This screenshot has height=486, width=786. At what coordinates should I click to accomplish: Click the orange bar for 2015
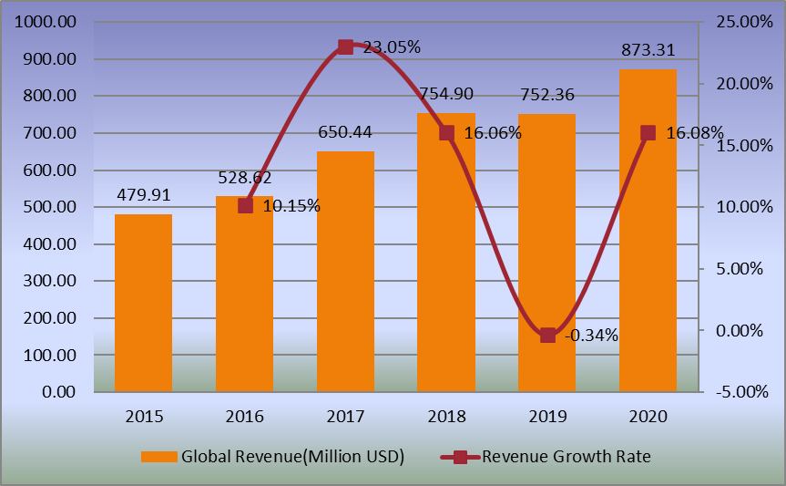[x=143, y=304]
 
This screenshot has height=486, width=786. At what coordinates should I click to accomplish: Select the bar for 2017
[x=345, y=272]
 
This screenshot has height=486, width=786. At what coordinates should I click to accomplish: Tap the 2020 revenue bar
[x=648, y=231]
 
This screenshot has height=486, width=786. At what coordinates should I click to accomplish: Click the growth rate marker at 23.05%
[x=345, y=47]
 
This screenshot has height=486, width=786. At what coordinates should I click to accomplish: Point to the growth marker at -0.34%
[x=547, y=336]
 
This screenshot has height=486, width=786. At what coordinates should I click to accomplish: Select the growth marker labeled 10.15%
[x=245, y=206]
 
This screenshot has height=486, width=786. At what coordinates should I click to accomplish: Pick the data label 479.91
[x=144, y=195]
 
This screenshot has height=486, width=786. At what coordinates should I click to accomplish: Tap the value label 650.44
[x=344, y=133]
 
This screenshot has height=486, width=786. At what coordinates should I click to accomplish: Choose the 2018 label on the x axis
[x=446, y=417]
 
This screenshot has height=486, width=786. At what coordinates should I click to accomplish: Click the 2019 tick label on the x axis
[x=547, y=417]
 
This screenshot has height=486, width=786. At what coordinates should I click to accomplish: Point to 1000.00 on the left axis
[x=48, y=22]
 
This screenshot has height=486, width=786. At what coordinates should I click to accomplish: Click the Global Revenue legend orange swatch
[x=158, y=456]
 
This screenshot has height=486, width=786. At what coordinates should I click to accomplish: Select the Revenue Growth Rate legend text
[x=567, y=456]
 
